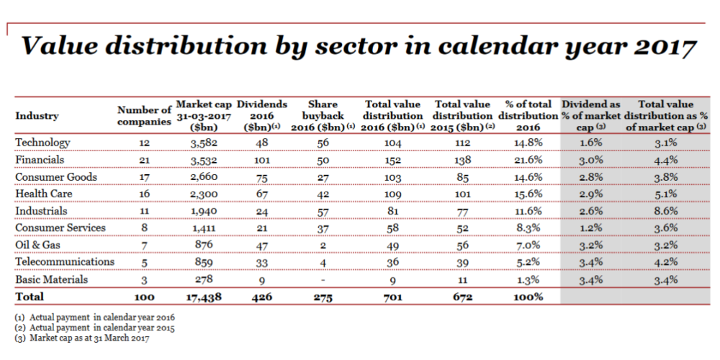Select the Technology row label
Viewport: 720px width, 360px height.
click(x=42, y=143)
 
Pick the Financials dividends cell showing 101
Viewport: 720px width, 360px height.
click(x=263, y=161)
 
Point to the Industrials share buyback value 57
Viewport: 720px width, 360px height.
click(x=323, y=211)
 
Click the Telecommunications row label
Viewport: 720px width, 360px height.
click(x=65, y=262)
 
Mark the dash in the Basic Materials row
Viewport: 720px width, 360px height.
click(x=323, y=279)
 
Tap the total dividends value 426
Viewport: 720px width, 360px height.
click(x=263, y=297)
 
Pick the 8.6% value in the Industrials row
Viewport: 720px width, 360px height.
click(x=667, y=211)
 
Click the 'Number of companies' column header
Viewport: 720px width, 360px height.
click(x=145, y=116)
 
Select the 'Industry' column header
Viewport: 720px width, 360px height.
click(x=37, y=116)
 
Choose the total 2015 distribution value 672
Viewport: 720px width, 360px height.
click(x=462, y=297)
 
